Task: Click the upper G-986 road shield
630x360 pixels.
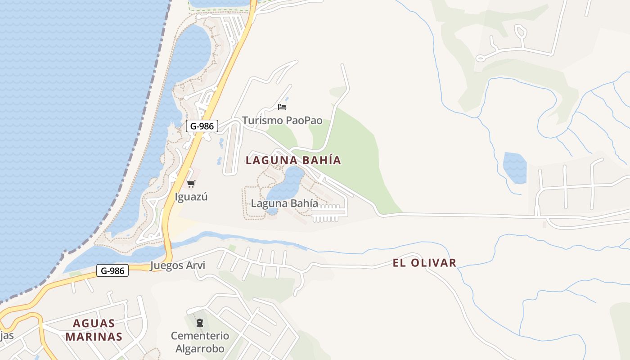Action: click(x=202, y=126)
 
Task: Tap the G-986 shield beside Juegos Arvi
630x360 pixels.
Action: click(x=112, y=270)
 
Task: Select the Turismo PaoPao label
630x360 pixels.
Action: click(x=282, y=120)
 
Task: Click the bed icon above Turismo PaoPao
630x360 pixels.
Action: click(x=282, y=107)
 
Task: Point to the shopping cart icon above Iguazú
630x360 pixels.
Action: click(x=191, y=184)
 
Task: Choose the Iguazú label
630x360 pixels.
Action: click(x=191, y=197)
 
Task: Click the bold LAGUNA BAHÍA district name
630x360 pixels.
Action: click(x=293, y=160)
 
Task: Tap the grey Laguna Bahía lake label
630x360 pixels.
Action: click(x=284, y=203)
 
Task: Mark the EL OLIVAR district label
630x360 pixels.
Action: click(x=424, y=263)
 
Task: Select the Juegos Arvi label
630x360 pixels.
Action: click(x=177, y=265)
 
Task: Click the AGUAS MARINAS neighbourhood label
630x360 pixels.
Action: click(x=94, y=330)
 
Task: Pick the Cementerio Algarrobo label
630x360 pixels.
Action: click(x=200, y=342)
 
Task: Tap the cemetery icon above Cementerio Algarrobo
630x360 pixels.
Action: click(x=200, y=323)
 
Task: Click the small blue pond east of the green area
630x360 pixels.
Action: click(x=515, y=168)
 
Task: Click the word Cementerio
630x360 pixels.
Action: click(x=200, y=336)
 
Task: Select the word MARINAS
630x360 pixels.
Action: click(x=94, y=337)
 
